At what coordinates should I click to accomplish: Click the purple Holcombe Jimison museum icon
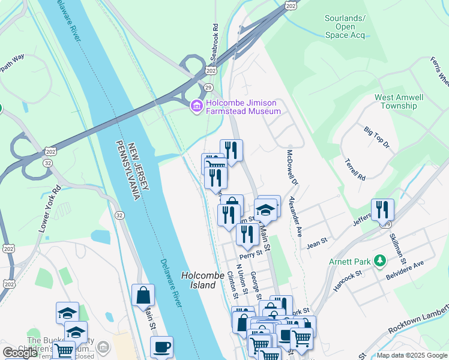(x=196, y=107)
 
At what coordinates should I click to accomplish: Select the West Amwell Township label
(x=399, y=101)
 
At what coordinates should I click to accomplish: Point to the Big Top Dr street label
(x=377, y=137)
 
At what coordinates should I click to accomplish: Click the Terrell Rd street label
(x=355, y=170)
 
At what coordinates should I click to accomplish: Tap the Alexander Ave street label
(x=295, y=216)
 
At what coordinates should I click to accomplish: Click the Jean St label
(x=316, y=245)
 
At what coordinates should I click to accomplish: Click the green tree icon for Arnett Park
(x=379, y=262)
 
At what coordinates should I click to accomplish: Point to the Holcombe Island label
(x=198, y=280)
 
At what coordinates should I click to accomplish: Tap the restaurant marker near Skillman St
(x=382, y=210)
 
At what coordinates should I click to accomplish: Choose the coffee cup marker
(x=161, y=347)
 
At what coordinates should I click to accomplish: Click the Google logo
(x=20, y=353)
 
